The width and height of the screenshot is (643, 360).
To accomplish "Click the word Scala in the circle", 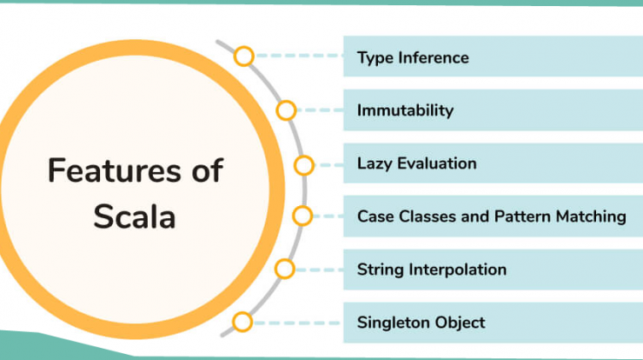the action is pyautogui.click(x=135, y=217).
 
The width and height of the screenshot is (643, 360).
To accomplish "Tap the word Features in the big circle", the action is pyautogui.click(x=114, y=170).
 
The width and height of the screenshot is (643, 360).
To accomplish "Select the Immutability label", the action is pyautogui.click(x=405, y=110).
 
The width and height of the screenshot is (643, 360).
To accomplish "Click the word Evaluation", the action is pyautogui.click(x=437, y=163).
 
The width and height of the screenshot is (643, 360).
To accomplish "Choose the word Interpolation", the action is pyautogui.click(x=458, y=270).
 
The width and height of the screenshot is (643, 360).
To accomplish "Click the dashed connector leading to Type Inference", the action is pyautogui.click(x=299, y=56).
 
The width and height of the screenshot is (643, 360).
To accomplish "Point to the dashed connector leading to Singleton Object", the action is pyautogui.click(x=297, y=323).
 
